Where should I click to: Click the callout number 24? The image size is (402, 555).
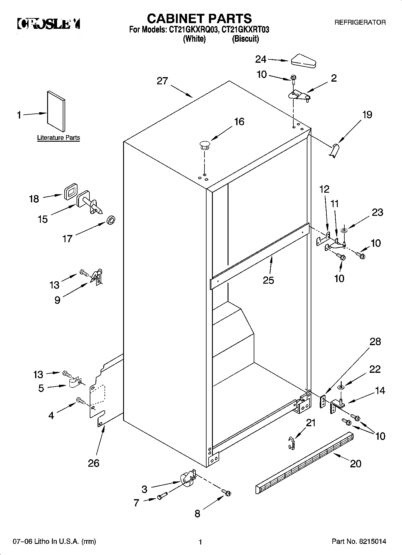(x=261, y=59)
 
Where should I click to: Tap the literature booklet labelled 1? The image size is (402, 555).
(x=56, y=111)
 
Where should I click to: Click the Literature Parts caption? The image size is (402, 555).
(x=58, y=138)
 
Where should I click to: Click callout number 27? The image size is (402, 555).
(x=162, y=81)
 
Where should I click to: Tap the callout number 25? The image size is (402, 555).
(x=268, y=280)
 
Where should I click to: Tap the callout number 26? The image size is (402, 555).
(x=93, y=463)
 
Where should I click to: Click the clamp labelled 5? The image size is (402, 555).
(x=74, y=383)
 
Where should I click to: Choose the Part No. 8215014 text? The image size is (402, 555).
(x=359, y=541)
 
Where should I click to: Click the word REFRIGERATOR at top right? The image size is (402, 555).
(x=360, y=22)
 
